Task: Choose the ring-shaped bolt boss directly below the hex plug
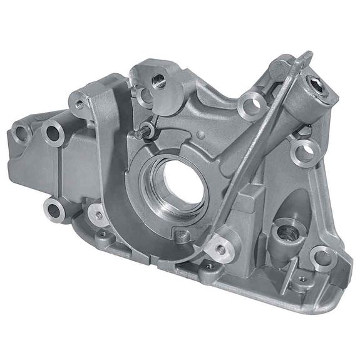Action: coord(305,148)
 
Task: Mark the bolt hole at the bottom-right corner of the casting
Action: coord(322,256)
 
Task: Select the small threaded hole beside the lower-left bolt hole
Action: coord(98,215)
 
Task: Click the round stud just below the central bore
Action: coord(183,235)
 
